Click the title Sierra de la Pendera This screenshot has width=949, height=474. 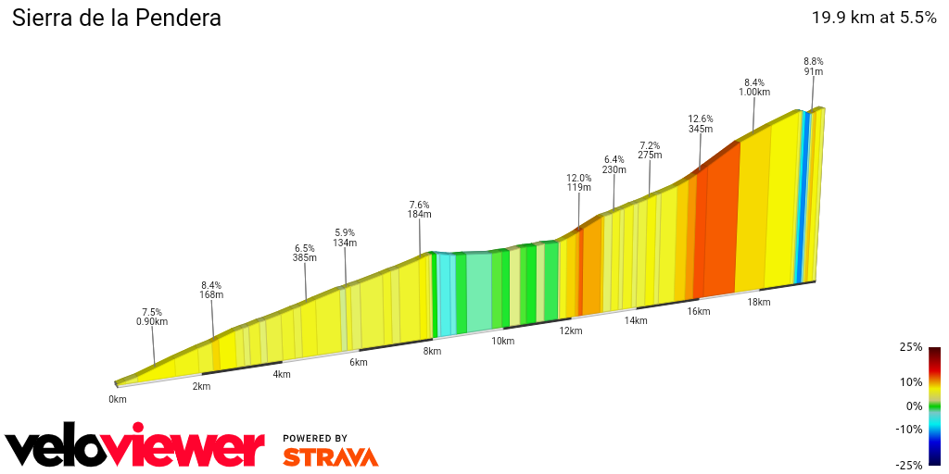click(116, 18)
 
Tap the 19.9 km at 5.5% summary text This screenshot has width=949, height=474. click(874, 18)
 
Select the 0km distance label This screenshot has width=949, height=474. click(117, 399)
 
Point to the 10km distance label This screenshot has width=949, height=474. click(502, 341)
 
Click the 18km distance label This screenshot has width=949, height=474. click(759, 302)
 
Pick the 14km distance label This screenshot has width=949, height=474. click(635, 320)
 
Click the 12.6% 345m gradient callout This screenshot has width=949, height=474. click(701, 123)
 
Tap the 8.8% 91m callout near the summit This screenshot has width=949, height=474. click(814, 66)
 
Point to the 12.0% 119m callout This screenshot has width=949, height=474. click(579, 181)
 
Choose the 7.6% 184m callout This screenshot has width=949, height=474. click(420, 209)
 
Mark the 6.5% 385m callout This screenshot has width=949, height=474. click(305, 253)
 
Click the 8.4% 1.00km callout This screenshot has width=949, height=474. click(754, 86)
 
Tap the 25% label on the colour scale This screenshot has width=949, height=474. click(910, 347)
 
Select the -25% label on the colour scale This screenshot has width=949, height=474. click(909, 465)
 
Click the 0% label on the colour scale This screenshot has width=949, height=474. click(914, 405)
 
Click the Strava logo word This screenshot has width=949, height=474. click(330, 456)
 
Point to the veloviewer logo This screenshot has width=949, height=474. click(134, 447)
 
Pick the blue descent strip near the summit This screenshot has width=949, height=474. click(803, 194)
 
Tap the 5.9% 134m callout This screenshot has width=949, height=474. click(346, 238)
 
